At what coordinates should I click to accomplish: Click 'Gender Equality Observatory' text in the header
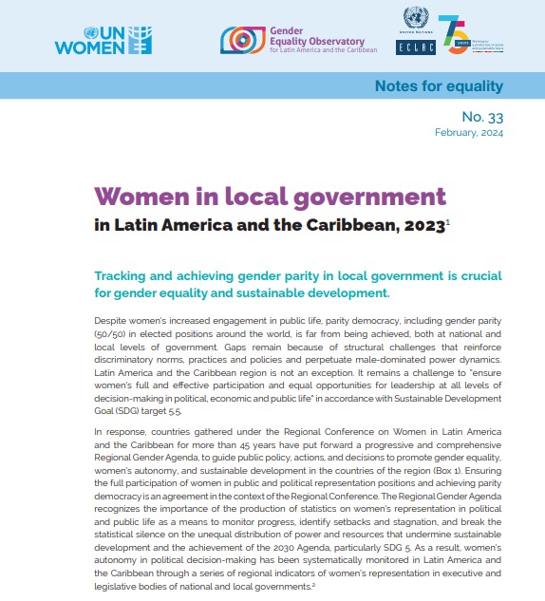306,37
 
